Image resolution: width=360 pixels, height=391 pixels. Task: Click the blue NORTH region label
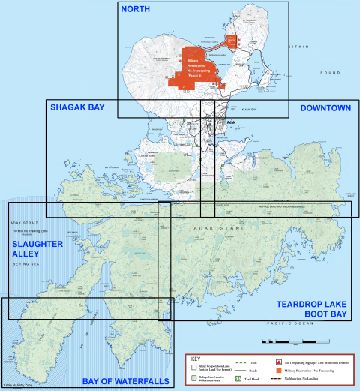pos(134,10)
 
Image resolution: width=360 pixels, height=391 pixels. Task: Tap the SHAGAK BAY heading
pos(76,108)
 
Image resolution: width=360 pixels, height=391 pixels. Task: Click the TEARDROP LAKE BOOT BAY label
pos(310,308)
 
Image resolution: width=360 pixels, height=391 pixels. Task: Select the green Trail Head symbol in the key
pos(238,379)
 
